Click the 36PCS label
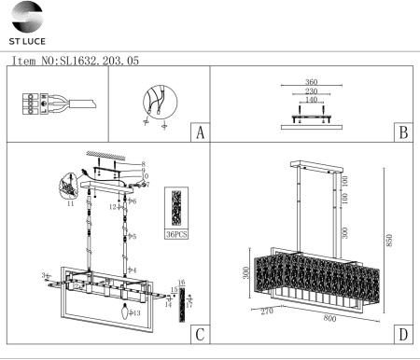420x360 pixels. tap(175, 234)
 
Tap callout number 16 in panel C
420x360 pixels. tap(182, 282)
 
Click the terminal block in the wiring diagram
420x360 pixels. tap(33, 104)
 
